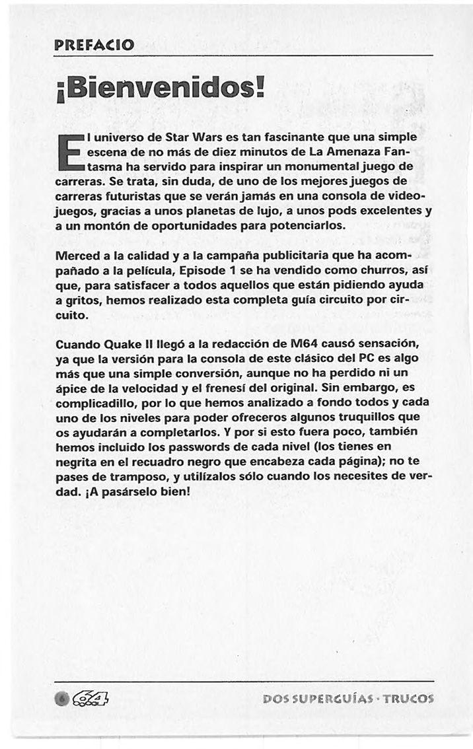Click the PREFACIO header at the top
(x=94, y=46)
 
